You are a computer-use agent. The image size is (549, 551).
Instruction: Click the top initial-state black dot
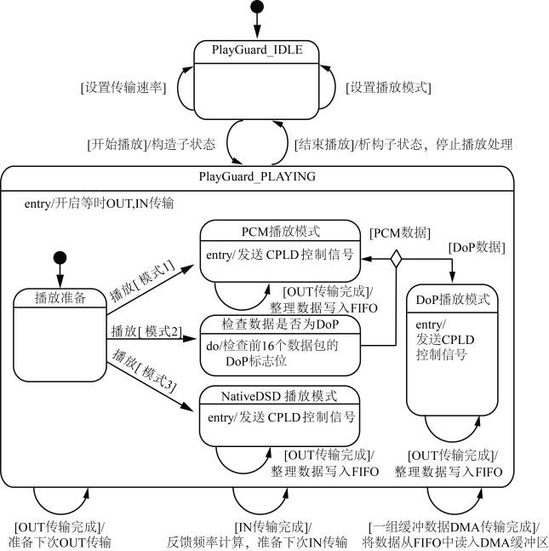point(256,9)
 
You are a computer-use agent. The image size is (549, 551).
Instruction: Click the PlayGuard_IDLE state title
point(256,51)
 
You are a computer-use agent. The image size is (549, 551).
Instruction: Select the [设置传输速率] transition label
point(123,87)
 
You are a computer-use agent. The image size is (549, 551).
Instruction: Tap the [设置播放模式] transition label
point(388,87)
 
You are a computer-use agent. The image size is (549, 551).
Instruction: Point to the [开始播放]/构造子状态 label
point(151,144)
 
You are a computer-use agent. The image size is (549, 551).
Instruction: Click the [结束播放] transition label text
point(323,144)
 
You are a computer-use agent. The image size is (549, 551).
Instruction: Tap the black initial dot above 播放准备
point(59,258)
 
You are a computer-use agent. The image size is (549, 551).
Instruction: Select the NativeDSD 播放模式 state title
point(278,396)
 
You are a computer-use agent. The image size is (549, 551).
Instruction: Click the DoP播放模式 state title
point(452,299)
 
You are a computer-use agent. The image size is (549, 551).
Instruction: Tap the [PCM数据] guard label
point(400,233)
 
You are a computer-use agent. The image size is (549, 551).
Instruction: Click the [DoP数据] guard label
point(477,247)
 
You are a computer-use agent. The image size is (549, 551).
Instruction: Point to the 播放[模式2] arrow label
point(146,330)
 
